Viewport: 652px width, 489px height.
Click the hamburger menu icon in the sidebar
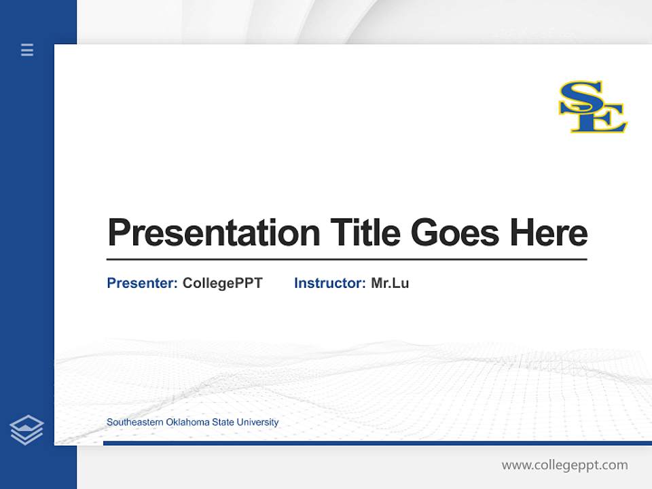pos(27,50)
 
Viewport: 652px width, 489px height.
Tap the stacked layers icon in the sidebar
pos(26,430)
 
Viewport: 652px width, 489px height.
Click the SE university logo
pos(592,107)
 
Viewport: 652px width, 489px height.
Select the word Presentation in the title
pos(213,233)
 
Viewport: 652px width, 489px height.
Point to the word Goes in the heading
pos(455,233)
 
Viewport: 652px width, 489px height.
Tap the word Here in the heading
pos(548,233)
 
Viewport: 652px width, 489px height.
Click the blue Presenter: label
pos(142,283)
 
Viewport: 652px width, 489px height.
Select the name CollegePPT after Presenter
pos(222,283)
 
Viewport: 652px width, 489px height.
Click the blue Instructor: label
pos(329,283)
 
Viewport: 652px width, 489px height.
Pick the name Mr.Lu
pos(390,283)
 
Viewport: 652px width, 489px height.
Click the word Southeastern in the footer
pos(135,422)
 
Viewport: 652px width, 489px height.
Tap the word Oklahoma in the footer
pos(188,422)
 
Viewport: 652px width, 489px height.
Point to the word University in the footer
pos(257,422)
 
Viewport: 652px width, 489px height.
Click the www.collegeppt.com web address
pos(564,465)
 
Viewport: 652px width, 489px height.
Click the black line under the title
pos(346,259)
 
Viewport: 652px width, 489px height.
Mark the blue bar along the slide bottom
pos(377,443)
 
